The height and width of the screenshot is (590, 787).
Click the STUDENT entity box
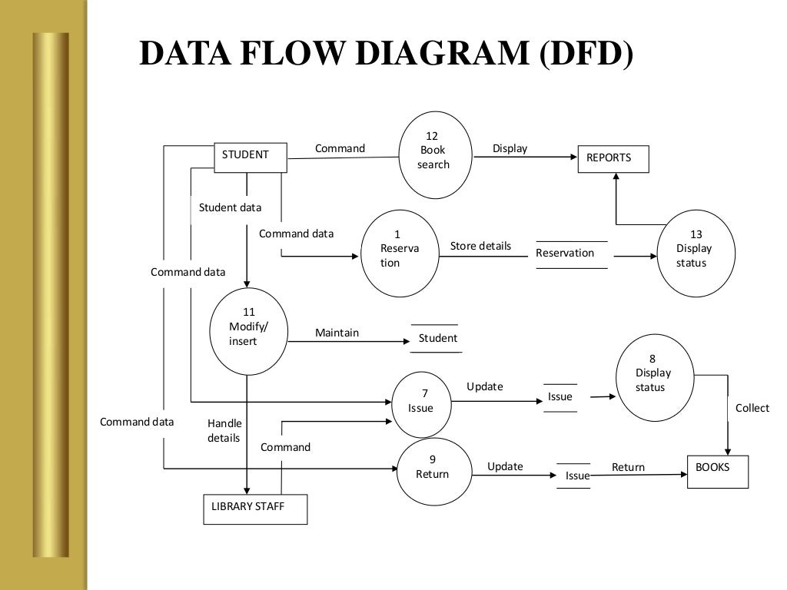point(249,156)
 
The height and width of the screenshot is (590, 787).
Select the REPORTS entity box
point(613,158)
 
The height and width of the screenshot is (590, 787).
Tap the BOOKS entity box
point(717,471)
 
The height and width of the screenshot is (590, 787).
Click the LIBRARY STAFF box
point(254,509)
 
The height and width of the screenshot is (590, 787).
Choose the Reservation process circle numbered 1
point(399,253)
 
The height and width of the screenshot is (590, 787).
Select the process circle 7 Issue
point(422,401)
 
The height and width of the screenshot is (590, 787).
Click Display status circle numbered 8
point(654,376)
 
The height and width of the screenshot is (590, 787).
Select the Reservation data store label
point(565,253)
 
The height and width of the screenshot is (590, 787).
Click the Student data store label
point(437,338)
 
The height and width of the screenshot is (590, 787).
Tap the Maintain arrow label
point(337,333)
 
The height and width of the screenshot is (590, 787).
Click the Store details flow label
point(480,246)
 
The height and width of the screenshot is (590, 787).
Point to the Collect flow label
point(752,408)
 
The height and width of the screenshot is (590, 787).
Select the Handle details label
point(224,430)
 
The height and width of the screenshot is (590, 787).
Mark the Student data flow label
point(230,207)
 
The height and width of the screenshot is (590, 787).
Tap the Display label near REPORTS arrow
point(510,148)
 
